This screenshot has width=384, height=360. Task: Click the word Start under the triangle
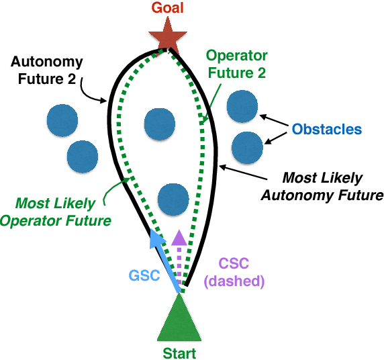tap(179, 352)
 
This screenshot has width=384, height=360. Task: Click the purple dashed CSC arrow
tap(179, 259)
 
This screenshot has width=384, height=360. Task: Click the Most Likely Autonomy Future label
tap(322, 187)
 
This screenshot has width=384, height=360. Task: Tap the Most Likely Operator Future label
tap(62, 211)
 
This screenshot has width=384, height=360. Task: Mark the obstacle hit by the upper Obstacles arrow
tap(242, 105)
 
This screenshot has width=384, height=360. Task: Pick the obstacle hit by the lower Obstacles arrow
tap(247, 146)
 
